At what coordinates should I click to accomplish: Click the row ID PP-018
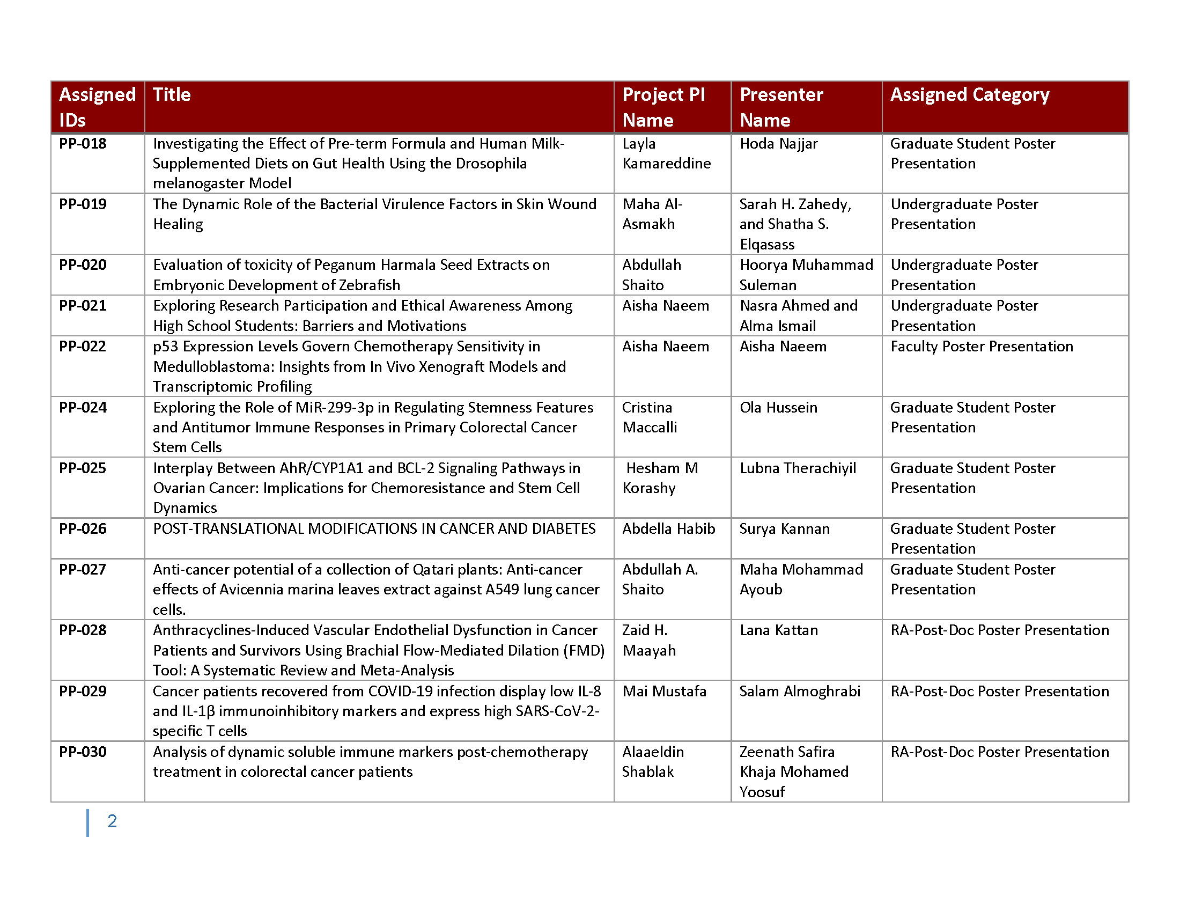[x=83, y=144]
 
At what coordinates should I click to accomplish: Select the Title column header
[x=171, y=95]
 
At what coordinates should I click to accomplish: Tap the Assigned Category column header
[x=969, y=95]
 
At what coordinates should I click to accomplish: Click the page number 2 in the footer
[x=112, y=821]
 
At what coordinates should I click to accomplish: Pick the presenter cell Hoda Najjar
[x=778, y=144]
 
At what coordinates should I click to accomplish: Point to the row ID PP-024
[x=83, y=407]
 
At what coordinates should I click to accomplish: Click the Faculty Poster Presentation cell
[x=981, y=347]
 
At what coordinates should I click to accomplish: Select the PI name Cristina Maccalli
[x=649, y=417]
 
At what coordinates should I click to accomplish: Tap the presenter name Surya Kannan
[x=784, y=528]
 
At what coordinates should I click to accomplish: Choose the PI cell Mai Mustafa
[x=664, y=691]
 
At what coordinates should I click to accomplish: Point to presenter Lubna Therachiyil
[x=798, y=468]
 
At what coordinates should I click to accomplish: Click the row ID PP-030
[x=83, y=752]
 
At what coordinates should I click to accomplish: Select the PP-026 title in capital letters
[x=374, y=528]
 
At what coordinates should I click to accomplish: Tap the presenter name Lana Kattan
[x=779, y=630]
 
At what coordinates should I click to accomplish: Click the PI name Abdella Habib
[x=668, y=528]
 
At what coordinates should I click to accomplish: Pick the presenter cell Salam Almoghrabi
[x=799, y=691]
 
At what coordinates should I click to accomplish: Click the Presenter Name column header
[x=781, y=107]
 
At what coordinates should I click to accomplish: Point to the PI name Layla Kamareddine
[x=666, y=153]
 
